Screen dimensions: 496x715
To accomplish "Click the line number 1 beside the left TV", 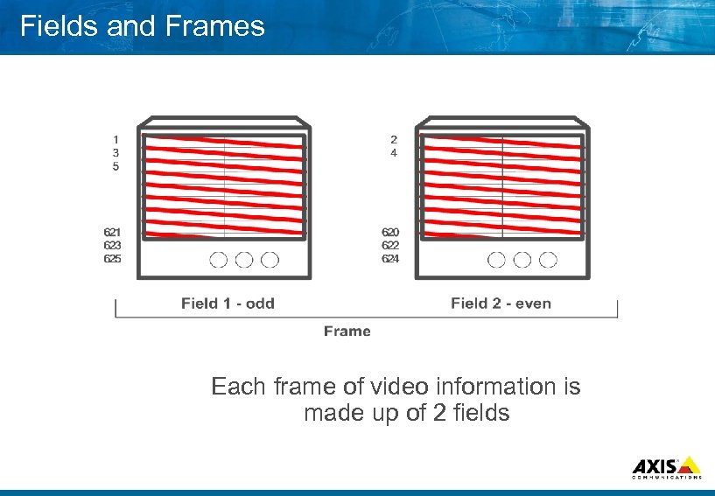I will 116,138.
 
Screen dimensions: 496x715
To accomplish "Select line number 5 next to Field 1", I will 116,166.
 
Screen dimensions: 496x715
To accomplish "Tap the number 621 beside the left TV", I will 113,232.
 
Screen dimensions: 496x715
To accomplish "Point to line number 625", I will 113,259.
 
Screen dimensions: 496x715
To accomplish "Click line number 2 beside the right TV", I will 394,138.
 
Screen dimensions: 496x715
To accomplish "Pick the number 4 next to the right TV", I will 394,152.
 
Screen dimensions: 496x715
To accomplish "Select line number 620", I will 390,232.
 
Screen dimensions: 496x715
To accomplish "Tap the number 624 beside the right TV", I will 390,259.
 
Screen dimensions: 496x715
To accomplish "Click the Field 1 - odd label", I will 228,304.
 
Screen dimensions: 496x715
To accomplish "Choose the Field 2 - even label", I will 501,304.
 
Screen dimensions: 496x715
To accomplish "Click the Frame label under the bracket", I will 347,331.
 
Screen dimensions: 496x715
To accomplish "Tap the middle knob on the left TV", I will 244,260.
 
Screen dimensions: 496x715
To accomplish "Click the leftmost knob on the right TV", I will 497,260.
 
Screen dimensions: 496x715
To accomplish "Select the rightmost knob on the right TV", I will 548,260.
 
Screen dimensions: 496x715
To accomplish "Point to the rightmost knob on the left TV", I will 270,260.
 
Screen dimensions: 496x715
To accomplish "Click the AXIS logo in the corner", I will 666,467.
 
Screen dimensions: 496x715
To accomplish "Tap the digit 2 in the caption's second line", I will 440,413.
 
